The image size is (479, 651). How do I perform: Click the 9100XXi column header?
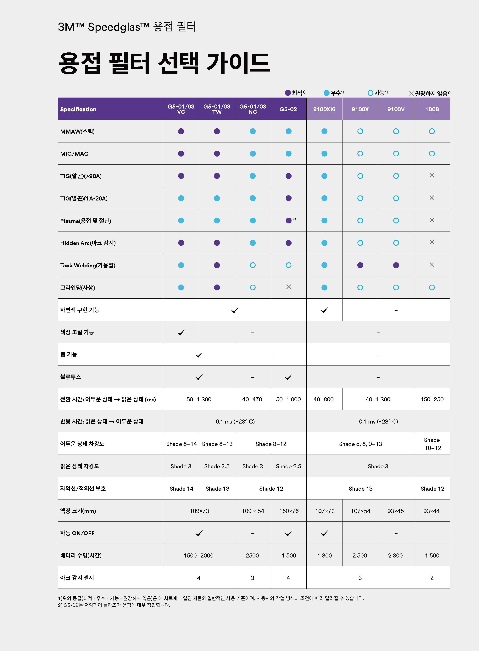pyautogui.click(x=324, y=109)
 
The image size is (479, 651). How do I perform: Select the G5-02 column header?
pyautogui.click(x=288, y=109)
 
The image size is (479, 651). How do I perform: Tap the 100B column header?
pyautogui.click(x=432, y=109)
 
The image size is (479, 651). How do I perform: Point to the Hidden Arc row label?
pyautogui.click(x=88, y=243)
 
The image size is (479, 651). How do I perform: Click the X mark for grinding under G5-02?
pyautogui.click(x=288, y=287)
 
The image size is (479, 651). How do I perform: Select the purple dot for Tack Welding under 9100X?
pyautogui.click(x=360, y=265)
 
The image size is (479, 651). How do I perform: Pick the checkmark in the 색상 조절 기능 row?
pyautogui.click(x=181, y=332)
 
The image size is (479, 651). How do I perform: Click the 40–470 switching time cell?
pyautogui.click(x=252, y=399)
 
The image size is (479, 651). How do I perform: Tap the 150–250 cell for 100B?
pyautogui.click(x=432, y=399)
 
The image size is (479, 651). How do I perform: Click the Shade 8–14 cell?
pyautogui.click(x=181, y=444)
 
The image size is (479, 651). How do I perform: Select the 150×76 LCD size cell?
pyautogui.click(x=289, y=511)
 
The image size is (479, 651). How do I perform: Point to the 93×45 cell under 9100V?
pyautogui.click(x=395, y=511)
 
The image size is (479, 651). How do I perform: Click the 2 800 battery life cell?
pyautogui.click(x=395, y=555)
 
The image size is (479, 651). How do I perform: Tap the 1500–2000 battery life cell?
pyautogui.click(x=199, y=555)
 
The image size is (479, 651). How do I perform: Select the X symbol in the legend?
pyautogui.click(x=411, y=93)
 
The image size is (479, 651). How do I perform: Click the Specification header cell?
pyautogui.click(x=78, y=109)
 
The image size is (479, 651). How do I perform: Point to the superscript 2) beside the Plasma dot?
pyautogui.click(x=294, y=219)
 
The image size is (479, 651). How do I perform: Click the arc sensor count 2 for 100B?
pyautogui.click(x=432, y=578)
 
